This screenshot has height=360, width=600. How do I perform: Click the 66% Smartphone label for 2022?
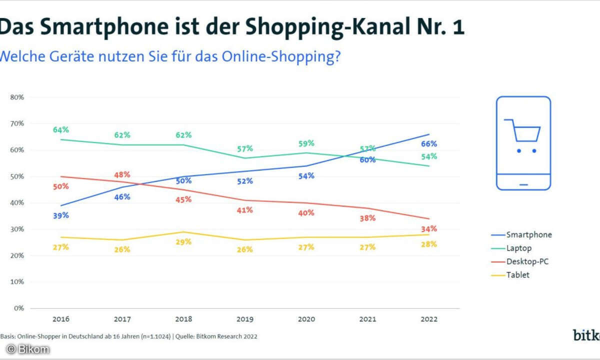click(x=429, y=144)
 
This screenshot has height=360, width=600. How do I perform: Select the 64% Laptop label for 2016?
click(x=60, y=130)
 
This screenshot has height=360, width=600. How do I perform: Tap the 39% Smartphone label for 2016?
click(x=60, y=215)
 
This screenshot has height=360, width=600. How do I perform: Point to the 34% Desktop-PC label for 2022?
click(x=429, y=229)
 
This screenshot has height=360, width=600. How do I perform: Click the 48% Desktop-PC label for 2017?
click(x=122, y=175)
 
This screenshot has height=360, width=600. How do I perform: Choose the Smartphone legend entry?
click(x=529, y=234)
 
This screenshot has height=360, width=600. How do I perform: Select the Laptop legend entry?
click(x=519, y=247)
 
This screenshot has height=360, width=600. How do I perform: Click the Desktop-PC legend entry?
click(x=527, y=261)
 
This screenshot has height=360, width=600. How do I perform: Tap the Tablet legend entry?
click(x=517, y=274)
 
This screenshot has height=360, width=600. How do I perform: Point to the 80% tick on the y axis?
click(x=17, y=97)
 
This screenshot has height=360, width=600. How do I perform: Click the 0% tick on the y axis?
click(x=19, y=308)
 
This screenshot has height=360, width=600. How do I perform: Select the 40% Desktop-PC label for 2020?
click(x=306, y=213)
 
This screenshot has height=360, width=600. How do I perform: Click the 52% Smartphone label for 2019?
click(x=245, y=181)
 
